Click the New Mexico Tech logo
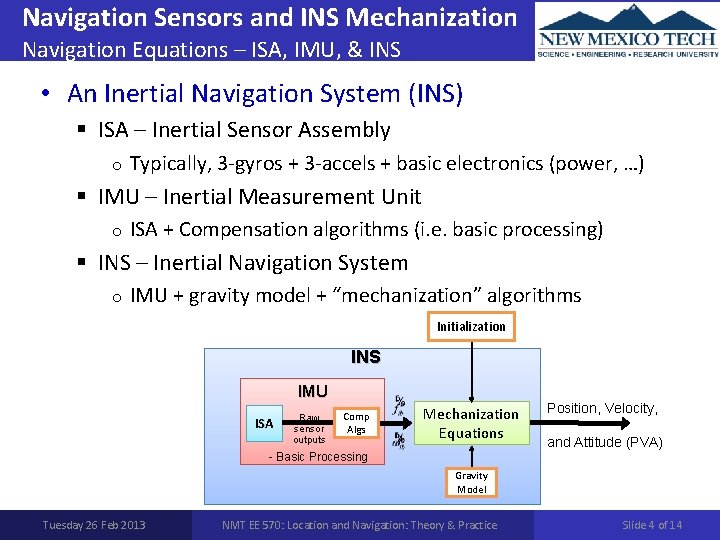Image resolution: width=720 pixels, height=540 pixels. tap(627, 31)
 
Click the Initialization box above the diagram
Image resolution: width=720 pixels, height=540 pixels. tap(471, 326)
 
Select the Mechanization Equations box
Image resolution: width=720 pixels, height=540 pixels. tap(471, 424)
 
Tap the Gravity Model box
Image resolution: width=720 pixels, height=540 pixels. tap(471, 482)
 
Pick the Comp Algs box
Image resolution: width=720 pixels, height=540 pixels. tap(355, 423)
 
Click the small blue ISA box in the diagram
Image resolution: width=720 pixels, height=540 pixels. tap(264, 424)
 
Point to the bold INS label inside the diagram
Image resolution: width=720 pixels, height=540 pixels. tap(366, 357)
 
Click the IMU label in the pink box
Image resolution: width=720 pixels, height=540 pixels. tap(312, 391)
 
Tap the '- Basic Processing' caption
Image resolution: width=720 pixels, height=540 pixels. tap(319, 457)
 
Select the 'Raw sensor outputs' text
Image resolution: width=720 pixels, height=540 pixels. tap(309, 428)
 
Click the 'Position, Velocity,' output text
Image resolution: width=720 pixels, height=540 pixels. tap(602, 408)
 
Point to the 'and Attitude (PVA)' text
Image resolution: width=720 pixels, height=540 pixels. tap(603, 442)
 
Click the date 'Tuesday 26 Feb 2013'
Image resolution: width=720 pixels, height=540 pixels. tap(94, 525)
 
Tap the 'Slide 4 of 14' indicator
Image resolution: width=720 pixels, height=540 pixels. tap(652, 525)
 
